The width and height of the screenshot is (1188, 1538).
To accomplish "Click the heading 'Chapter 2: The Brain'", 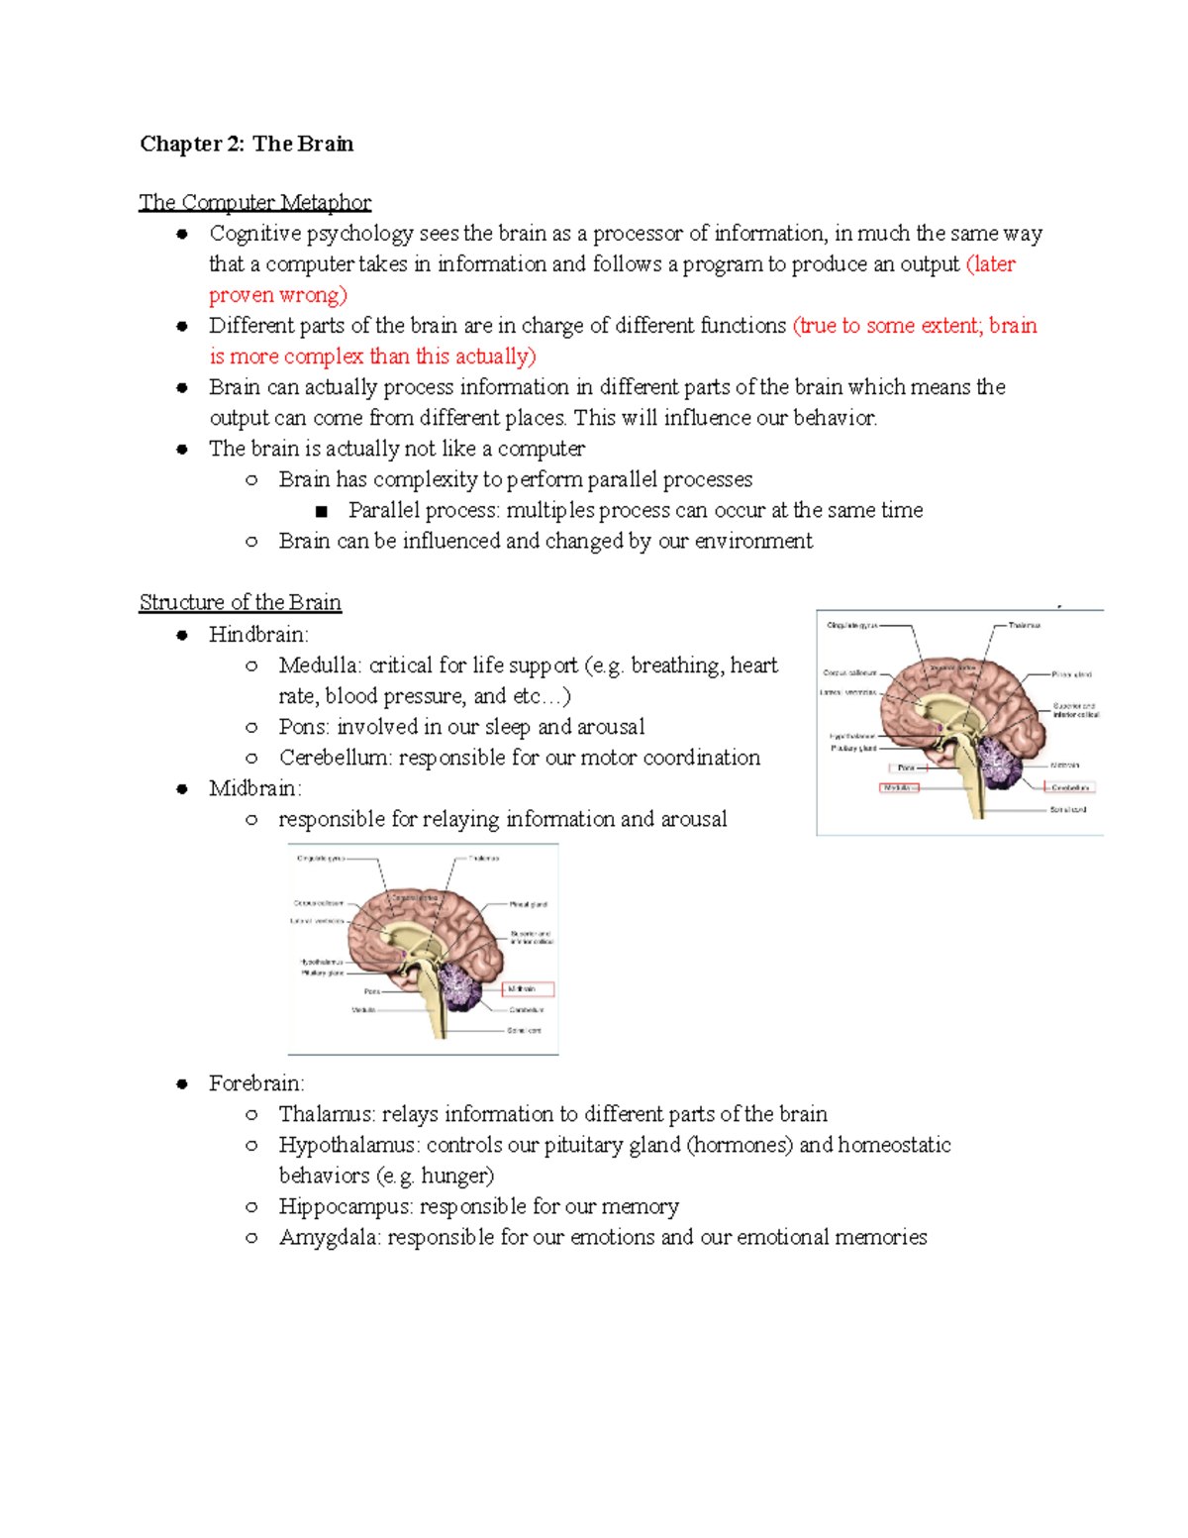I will coord(247,144).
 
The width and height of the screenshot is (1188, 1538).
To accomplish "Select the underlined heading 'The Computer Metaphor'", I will coord(255,202).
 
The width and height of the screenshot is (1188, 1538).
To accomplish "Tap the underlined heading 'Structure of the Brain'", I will coord(241,602).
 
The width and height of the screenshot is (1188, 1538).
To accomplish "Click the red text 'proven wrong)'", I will coord(278,295).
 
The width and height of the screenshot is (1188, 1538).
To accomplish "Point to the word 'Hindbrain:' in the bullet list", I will coord(258,634).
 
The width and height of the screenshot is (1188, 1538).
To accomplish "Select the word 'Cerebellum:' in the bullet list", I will coord(335,758).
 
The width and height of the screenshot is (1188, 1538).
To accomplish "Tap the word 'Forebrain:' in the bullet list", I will coord(256,1083).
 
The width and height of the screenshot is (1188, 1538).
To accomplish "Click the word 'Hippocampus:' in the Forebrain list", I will coord(346,1206).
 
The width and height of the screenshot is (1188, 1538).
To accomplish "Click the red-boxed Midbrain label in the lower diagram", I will coord(529,988).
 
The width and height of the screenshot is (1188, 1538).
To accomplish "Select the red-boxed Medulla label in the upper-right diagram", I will coord(899,787).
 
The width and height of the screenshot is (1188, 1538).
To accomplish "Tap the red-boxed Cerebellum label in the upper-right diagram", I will coord(1069,787).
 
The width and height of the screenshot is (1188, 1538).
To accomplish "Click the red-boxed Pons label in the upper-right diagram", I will coord(907,768).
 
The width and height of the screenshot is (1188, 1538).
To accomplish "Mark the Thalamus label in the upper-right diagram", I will coord(1025,625).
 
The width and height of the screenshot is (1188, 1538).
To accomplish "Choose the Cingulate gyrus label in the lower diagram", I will coord(321,859).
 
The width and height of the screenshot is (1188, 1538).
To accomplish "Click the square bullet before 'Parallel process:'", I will coord(321,511).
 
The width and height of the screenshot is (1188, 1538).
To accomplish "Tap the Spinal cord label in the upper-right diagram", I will coord(1067,809).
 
